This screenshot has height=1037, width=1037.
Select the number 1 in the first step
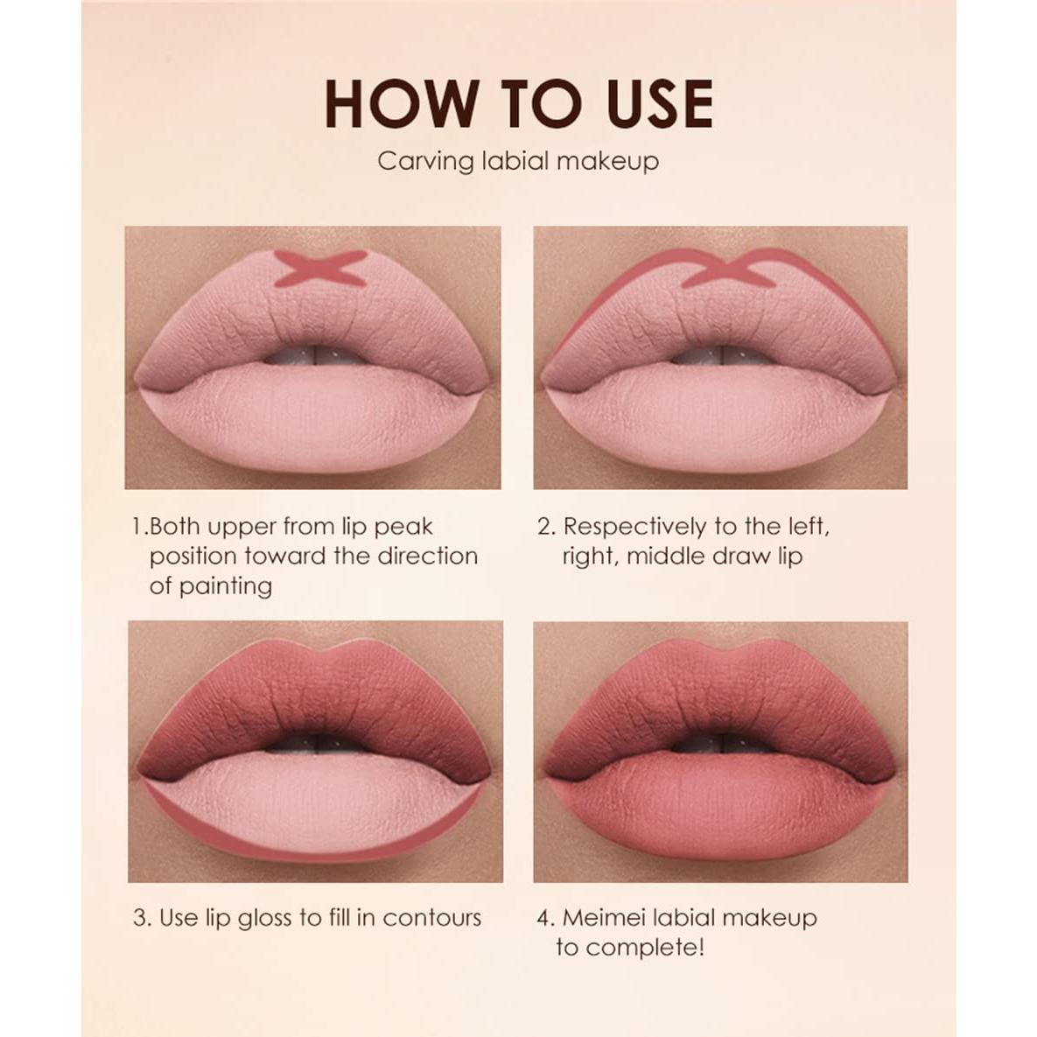pos(137,527)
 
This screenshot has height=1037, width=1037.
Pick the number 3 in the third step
pos(140,918)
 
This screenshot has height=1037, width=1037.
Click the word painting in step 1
pos(225,586)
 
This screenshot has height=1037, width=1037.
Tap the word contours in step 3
pos(432,918)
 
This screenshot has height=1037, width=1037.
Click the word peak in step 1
pos(403,528)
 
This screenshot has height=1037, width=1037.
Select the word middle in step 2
pos(667,557)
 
